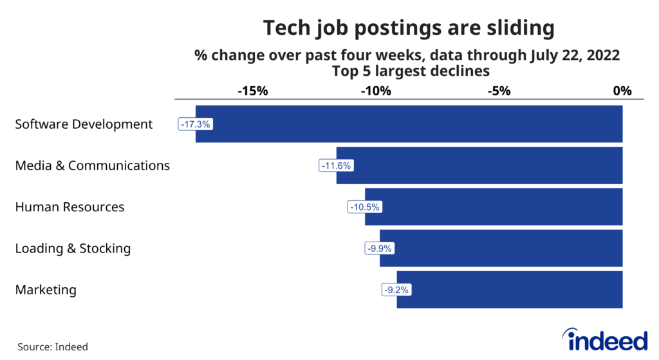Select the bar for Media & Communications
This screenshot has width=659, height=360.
point(479,166)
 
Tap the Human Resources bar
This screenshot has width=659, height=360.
point(494,207)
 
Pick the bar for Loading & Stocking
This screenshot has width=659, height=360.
point(501,249)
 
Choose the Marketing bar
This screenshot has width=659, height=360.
point(510,290)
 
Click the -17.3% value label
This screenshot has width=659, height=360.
point(195,124)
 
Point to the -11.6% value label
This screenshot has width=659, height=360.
point(336,166)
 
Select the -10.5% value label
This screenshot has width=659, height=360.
point(365,207)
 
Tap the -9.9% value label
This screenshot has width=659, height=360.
point(379,249)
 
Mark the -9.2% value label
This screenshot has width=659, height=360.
point(396,290)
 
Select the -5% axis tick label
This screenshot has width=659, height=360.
point(499,91)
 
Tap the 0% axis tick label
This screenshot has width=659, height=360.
point(622,91)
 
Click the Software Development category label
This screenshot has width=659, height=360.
point(84,124)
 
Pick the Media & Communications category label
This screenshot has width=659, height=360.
point(92,166)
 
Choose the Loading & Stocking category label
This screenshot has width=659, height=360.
point(73,249)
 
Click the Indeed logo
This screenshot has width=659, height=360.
point(604,339)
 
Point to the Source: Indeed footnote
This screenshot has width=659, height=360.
point(53,346)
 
